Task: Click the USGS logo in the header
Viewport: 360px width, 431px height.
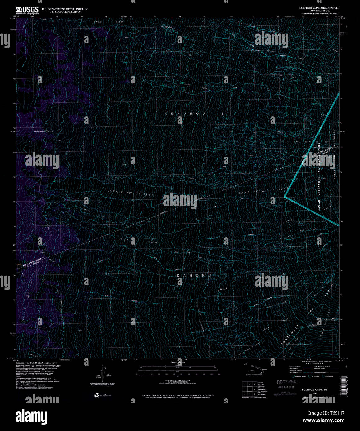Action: click(27, 10)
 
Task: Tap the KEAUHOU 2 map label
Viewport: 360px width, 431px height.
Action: click(194, 114)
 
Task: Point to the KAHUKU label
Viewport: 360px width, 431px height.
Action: click(194, 275)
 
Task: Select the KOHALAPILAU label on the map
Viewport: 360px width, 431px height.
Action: click(44, 132)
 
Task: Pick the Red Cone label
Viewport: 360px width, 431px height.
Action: click(332, 319)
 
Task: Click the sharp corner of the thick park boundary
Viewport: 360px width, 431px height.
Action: click(285, 196)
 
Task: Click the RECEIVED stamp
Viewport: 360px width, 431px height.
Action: click(287, 382)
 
